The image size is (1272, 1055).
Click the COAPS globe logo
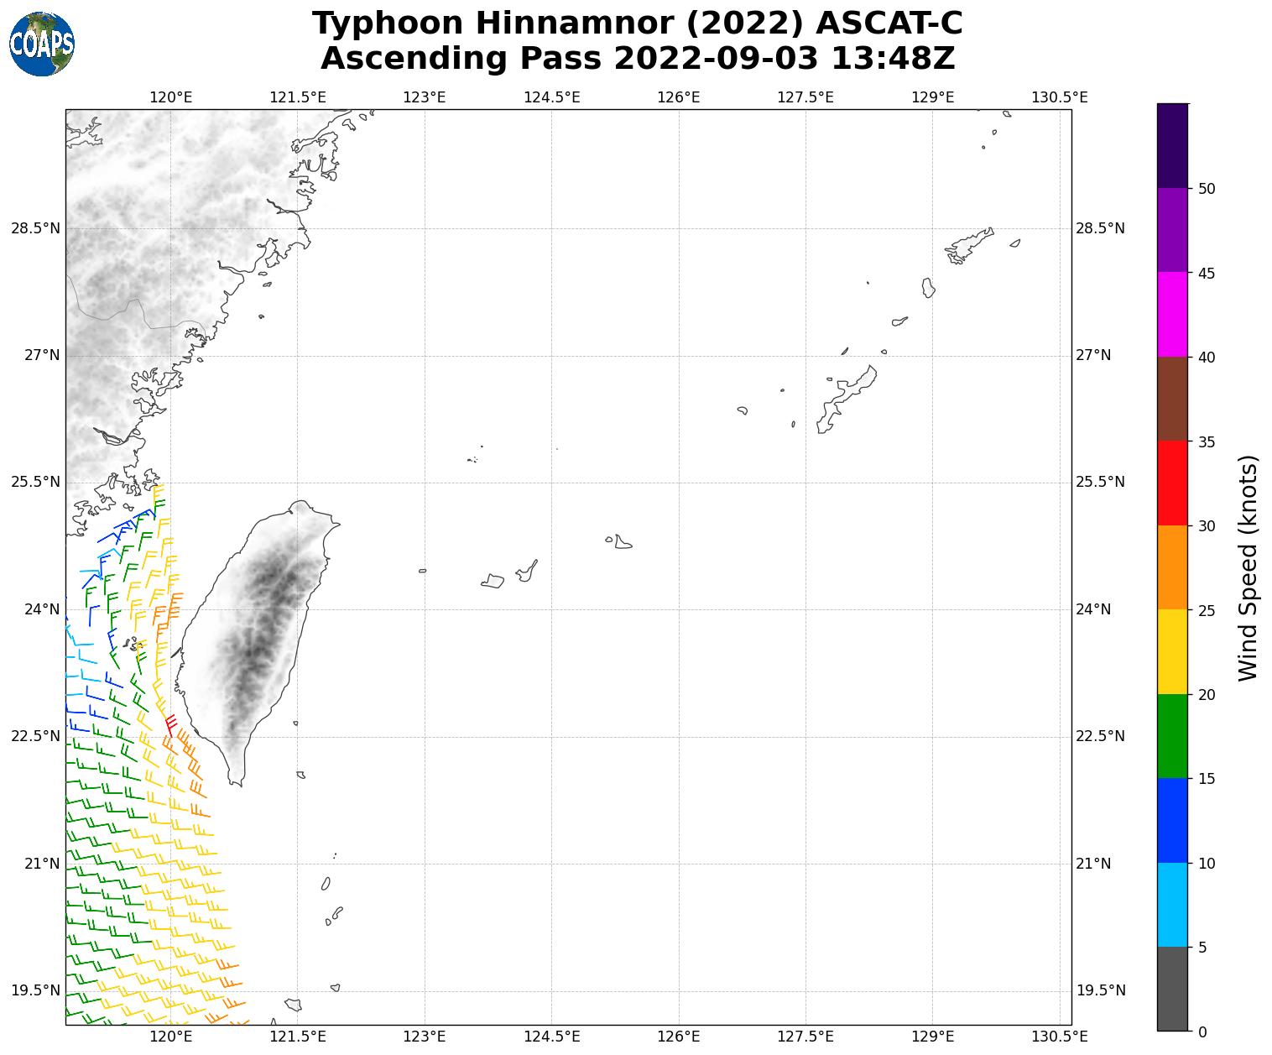(41, 44)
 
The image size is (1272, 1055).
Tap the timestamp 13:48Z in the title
(892, 59)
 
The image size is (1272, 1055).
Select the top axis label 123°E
(425, 97)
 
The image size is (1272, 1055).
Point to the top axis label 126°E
(679, 97)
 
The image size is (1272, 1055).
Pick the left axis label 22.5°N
(35, 736)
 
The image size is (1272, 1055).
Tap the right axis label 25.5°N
(1100, 482)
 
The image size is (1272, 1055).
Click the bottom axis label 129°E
(932, 1037)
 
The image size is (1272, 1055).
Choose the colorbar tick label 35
(1207, 441)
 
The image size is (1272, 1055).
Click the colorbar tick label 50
(1207, 189)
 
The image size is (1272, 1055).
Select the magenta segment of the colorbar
(1172, 314)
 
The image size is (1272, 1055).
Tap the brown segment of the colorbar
(1172, 399)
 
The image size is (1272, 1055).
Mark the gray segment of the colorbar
(1172, 988)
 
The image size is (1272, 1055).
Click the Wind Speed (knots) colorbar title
(1248, 567)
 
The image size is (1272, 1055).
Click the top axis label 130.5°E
(1059, 97)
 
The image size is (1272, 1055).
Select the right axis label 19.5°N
(1100, 990)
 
